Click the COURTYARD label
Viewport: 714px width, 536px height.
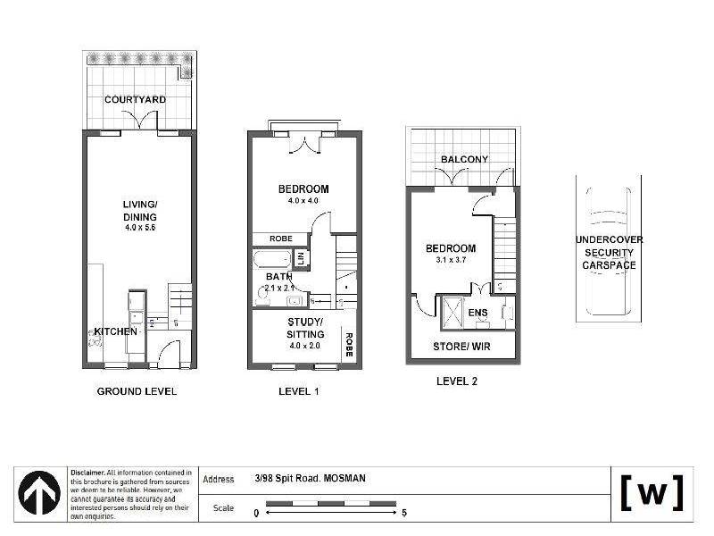[135, 99]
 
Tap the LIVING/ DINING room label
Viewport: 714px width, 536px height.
[139, 211]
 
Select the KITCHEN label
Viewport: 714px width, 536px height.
[116, 331]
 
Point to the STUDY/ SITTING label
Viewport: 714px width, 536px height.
[305, 328]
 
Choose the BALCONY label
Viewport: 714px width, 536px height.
[464, 160]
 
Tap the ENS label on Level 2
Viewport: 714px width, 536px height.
[477, 313]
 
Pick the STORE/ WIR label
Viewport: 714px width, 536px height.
[461, 346]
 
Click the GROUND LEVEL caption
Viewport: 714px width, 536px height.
[136, 391]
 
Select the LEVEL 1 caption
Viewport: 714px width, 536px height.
[299, 391]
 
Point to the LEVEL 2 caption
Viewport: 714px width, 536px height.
[456, 381]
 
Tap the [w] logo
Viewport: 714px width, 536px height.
[652, 492]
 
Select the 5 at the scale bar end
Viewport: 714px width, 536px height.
[405, 513]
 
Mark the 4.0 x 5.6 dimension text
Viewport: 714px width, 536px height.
[139, 228]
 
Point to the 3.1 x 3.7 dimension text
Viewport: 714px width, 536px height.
[450, 260]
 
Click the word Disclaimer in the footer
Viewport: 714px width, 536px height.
[87, 472]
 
